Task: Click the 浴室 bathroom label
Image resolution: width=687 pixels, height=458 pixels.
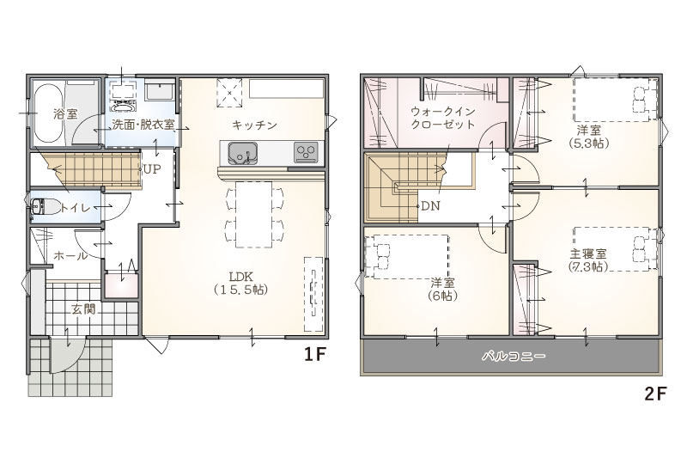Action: [x=65, y=114]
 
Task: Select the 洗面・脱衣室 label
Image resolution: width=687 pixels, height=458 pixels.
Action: [x=143, y=125]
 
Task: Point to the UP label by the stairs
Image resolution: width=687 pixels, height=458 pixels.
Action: [x=152, y=169]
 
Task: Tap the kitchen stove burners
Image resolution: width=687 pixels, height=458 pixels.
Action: [x=306, y=152]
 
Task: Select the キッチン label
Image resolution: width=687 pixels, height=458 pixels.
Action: [x=254, y=125]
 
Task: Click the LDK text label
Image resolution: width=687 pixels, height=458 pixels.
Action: [x=240, y=277]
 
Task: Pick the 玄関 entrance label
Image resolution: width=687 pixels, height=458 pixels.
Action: [x=83, y=310]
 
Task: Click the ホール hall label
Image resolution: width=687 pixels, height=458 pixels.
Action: [x=70, y=256]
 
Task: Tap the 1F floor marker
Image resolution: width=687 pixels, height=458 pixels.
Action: [x=315, y=355]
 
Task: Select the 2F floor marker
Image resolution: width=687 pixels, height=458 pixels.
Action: [x=655, y=394]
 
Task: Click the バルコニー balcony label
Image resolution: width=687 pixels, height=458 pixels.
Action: [x=514, y=356]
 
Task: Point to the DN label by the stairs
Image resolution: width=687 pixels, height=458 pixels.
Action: [x=430, y=206]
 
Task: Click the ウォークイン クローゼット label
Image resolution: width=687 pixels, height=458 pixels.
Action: [x=442, y=118]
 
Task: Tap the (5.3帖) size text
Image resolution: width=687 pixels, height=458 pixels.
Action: [x=589, y=143]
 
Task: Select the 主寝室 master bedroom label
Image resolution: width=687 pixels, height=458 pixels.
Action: [x=588, y=253]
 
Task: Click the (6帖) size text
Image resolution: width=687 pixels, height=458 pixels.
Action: [x=442, y=296]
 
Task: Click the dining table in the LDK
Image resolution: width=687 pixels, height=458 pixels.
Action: [x=254, y=214]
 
